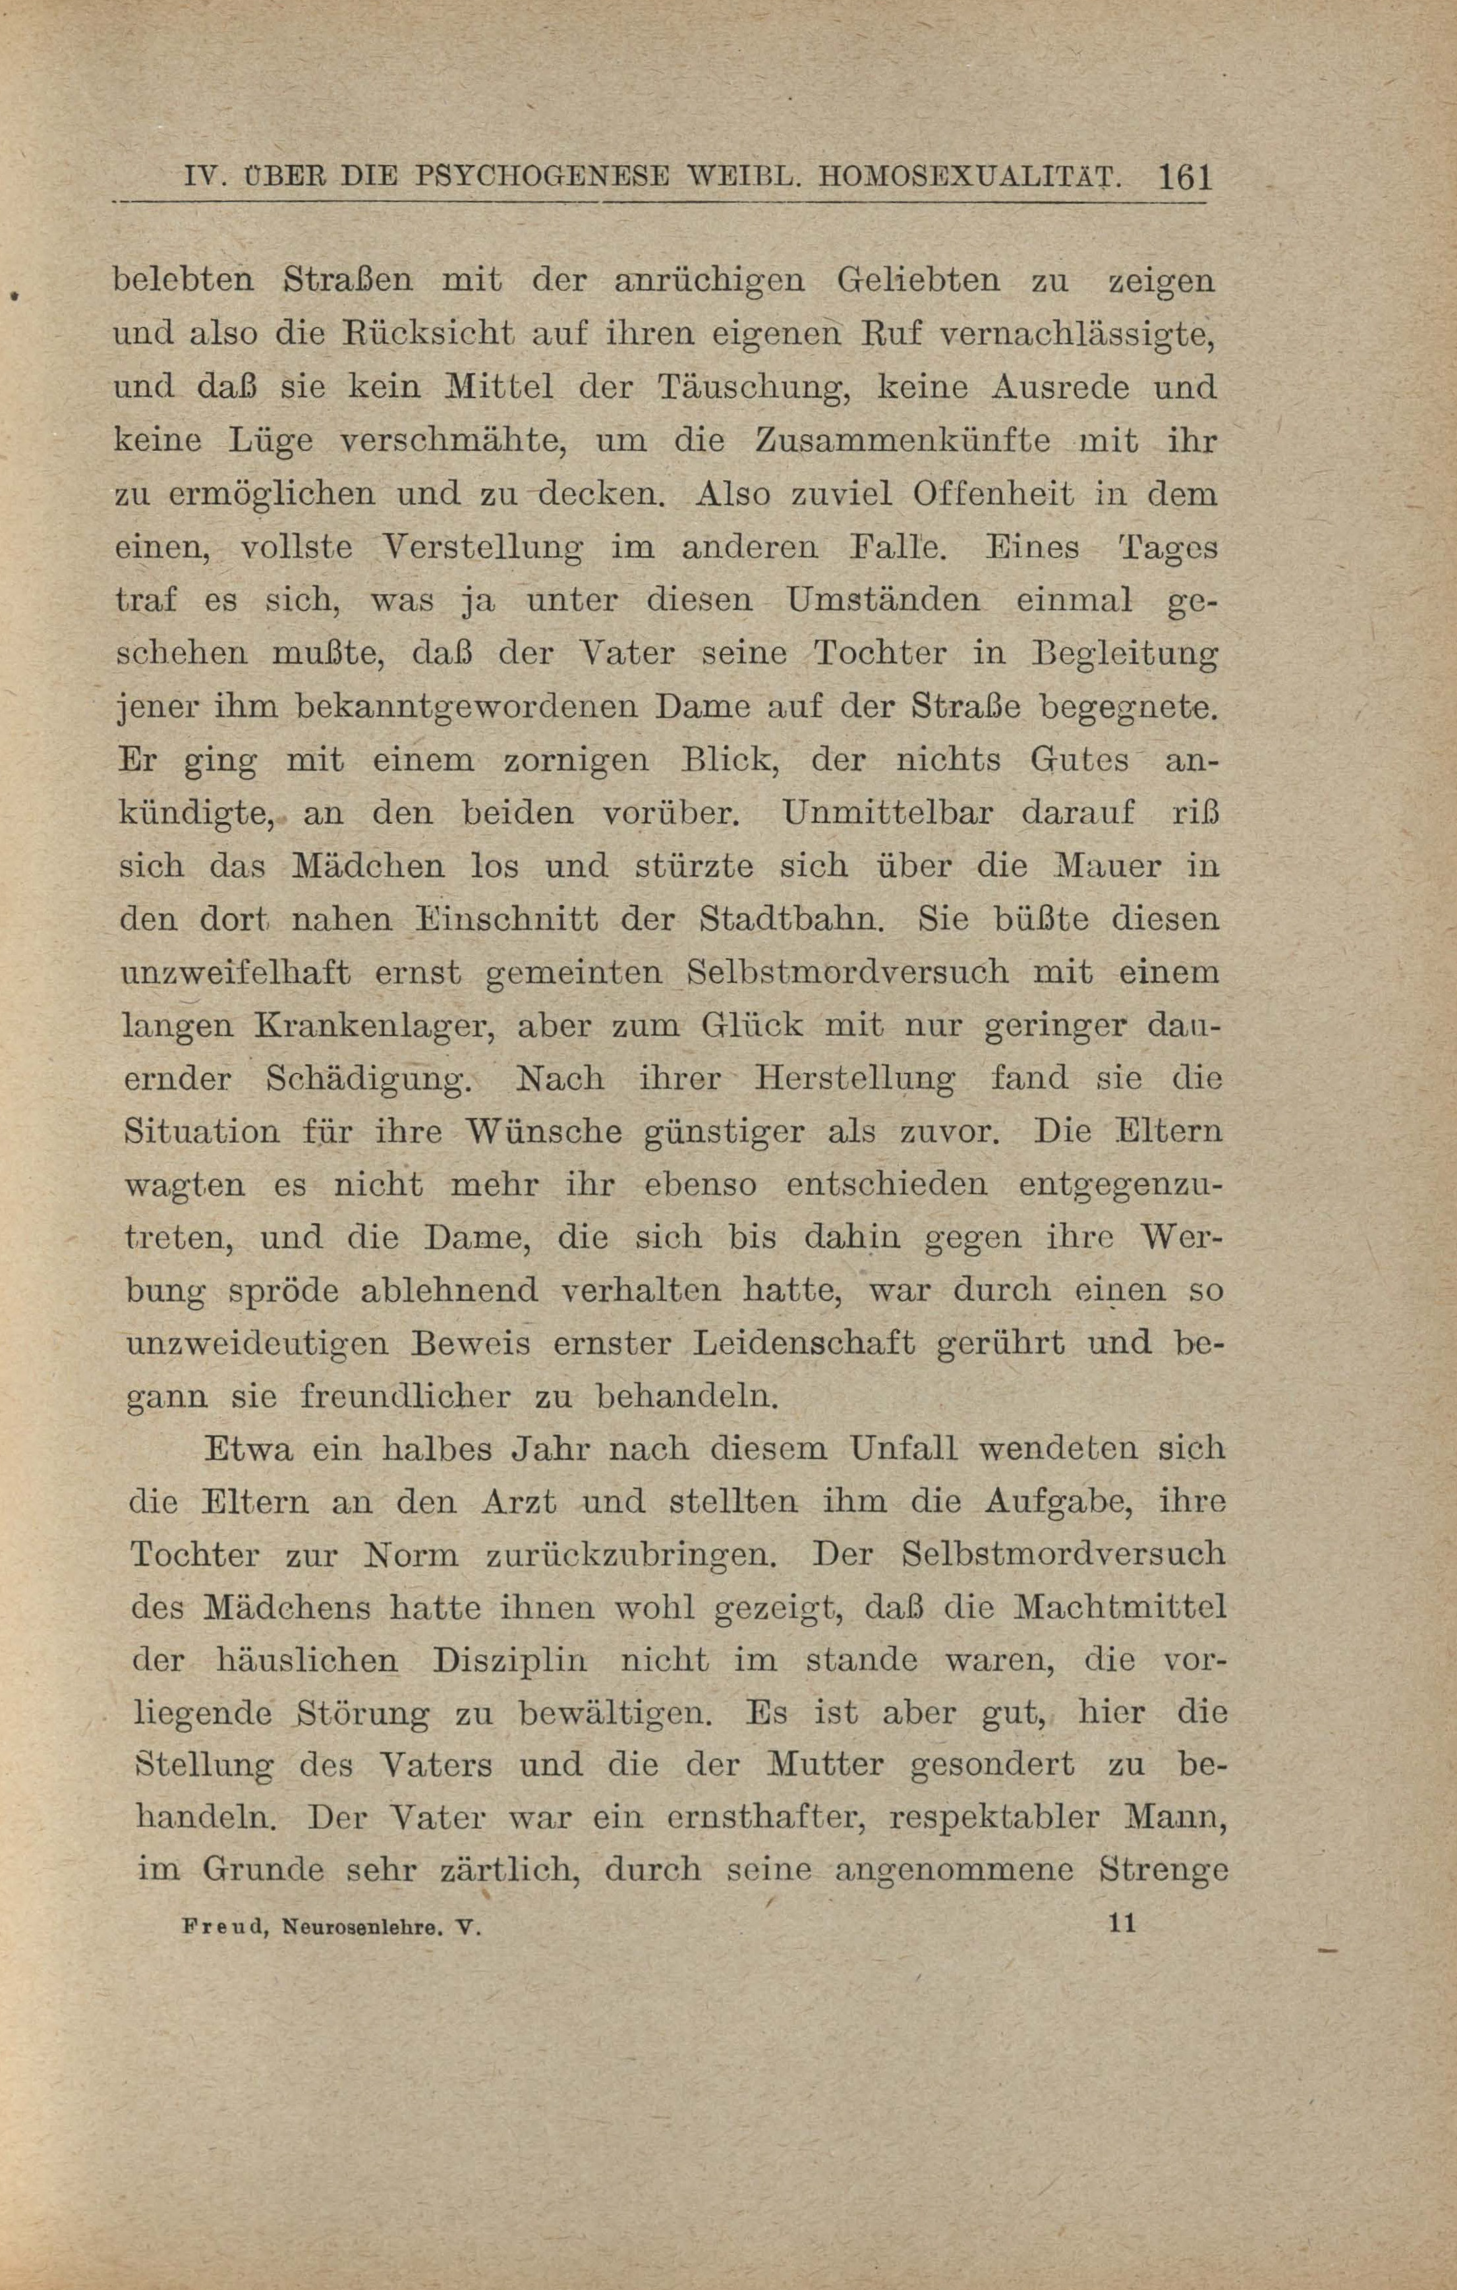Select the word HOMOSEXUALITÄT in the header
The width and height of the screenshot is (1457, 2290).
(x=965, y=177)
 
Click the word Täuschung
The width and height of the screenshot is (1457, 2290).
(x=749, y=389)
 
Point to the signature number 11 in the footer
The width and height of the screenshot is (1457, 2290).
(x=1122, y=1923)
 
